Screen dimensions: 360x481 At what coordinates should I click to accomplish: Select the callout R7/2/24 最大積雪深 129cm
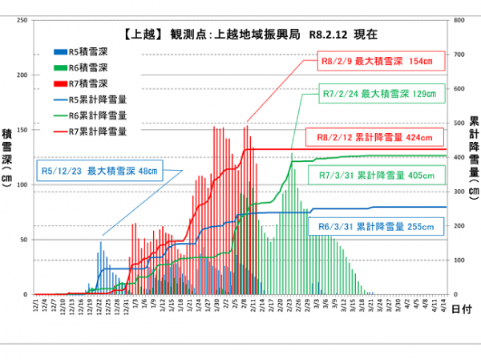pos(378,93)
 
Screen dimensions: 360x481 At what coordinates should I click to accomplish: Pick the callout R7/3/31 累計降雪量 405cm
pos(376,174)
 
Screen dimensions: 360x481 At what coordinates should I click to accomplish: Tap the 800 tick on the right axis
pos(459,20)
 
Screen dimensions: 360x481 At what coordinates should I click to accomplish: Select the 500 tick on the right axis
pos(459,123)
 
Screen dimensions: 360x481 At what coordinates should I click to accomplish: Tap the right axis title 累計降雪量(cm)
pos(474,156)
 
